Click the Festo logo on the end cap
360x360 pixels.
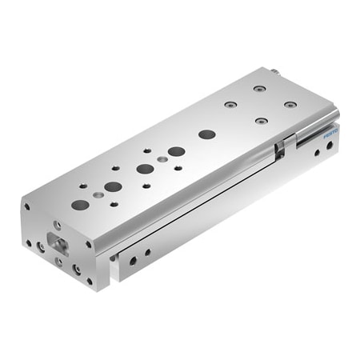332,137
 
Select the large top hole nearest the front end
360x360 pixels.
80,204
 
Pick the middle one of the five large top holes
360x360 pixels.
145,169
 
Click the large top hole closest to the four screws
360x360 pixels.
207,134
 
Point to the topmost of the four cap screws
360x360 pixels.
258,87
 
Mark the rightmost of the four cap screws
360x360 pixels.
290,104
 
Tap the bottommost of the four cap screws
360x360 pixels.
261,121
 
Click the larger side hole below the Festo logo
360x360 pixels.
321,155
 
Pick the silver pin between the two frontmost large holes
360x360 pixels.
97,194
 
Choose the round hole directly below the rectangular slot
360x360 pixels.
59,259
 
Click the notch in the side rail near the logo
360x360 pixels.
279,148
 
